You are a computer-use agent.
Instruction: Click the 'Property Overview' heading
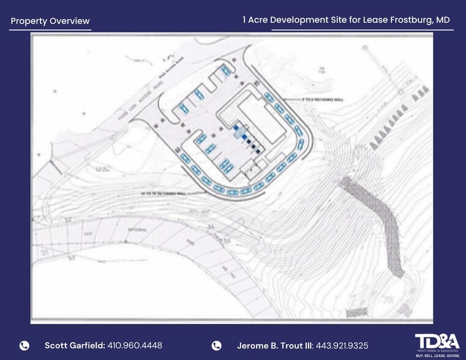pyautogui.click(x=50, y=21)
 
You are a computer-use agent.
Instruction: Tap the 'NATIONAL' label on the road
pyautogui.click(x=138, y=229)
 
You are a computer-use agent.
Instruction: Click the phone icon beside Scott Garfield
pyautogui.click(x=24, y=345)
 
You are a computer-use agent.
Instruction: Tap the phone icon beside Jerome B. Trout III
pyautogui.click(x=216, y=345)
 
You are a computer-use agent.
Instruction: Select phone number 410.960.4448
pyautogui.click(x=135, y=345)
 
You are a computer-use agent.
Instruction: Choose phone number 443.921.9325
pyautogui.click(x=341, y=345)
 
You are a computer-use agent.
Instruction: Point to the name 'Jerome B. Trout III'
pyautogui.click(x=274, y=345)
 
